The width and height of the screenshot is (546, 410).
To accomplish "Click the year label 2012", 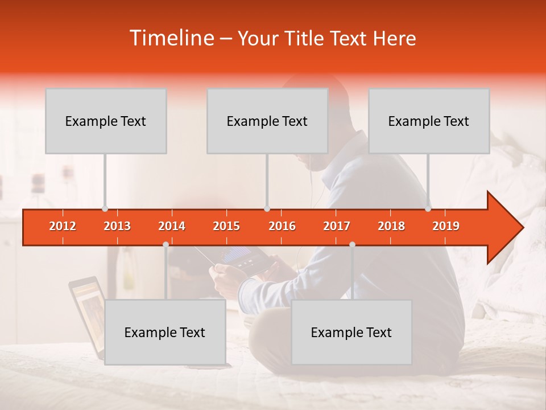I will click(x=63, y=226).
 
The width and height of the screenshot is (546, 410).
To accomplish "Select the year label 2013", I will click(x=117, y=226).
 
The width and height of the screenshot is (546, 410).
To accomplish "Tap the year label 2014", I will click(x=172, y=226).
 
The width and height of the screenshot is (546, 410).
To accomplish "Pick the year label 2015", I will click(x=226, y=226).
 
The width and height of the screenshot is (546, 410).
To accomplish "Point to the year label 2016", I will click(x=282, y=226).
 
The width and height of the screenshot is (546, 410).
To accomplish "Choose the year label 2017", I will click(x=337, y=226).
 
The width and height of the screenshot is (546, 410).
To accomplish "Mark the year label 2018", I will click(x=391, y=226).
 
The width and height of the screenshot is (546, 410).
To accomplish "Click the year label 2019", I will click(x=446, y=226).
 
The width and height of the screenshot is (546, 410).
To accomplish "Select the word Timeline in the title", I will click(x=171, y=38).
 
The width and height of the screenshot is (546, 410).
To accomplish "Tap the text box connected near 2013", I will click(x=106, y=121).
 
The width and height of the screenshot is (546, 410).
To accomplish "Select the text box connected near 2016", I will click(x=267, y=121).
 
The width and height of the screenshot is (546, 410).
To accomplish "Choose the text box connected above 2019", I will click(x=429, y=121).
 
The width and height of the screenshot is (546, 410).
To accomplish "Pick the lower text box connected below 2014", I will click(x=165, y=332).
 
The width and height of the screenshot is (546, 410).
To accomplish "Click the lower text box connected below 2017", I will click(x=351, y=332).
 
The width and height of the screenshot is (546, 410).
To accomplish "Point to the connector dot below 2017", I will click(x=352, y=244).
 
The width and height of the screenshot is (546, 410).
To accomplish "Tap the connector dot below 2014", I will click(x=166, y=244).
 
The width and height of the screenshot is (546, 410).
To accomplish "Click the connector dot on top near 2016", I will click(x=267, y=208).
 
